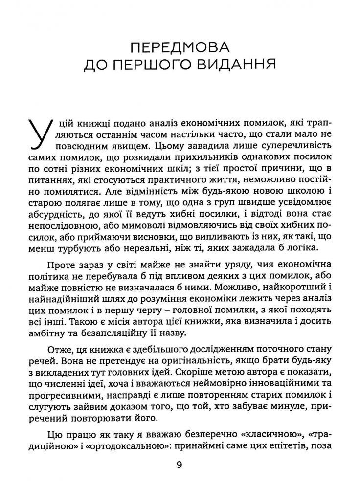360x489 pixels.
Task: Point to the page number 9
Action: point(180,465)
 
